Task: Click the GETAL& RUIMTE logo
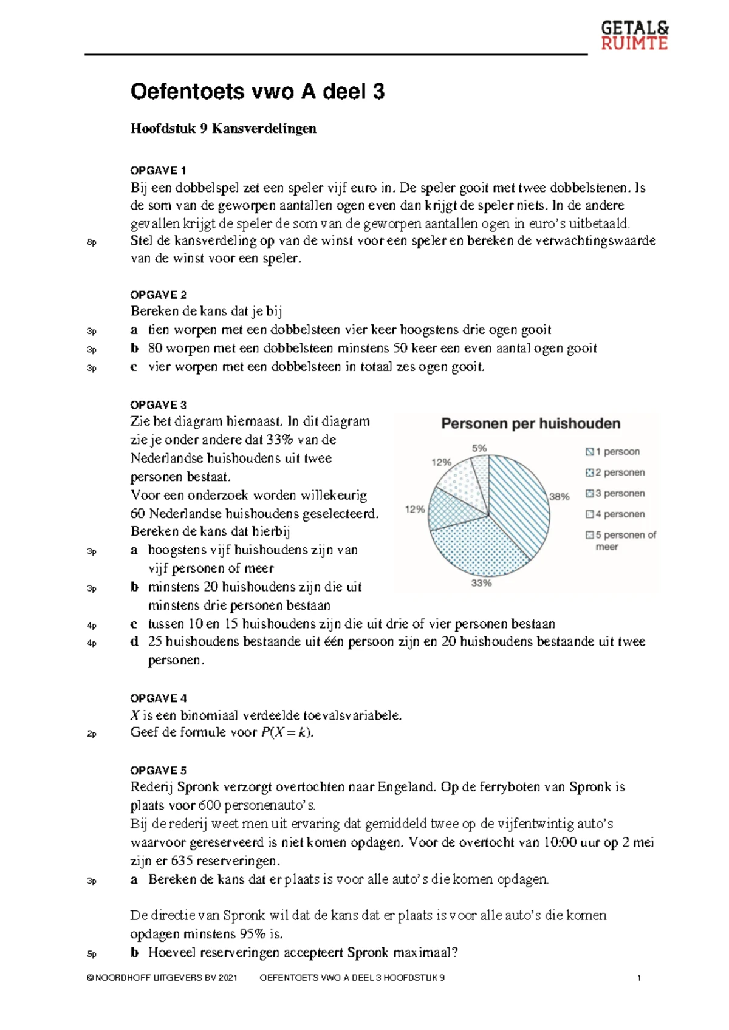tap(634, 35)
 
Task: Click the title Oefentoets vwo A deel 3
tap(258, 92)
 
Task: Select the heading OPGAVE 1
tap(158, 171)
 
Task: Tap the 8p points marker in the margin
tap(92, 242)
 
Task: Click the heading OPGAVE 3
tap(158, 405)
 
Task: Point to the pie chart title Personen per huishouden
tap(530, 424)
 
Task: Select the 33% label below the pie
tap(481, 583)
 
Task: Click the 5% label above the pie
tap(479, 448)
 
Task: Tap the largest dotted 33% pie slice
tap(480, 547)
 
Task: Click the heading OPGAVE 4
tap(158, 698)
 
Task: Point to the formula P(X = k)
tap(287, 732)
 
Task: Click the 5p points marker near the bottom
tap(92, 954)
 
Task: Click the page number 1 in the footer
tap(639, 978)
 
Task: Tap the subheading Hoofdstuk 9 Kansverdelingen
tap(223, 129)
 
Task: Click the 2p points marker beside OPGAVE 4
tap(92, 734)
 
